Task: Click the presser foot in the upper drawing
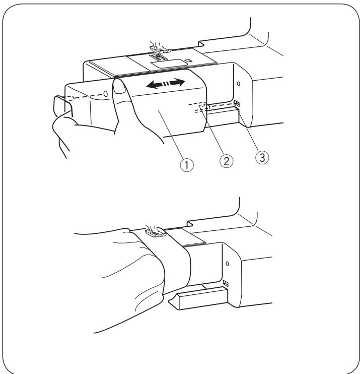[161, 46]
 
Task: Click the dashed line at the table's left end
[78, 98]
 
